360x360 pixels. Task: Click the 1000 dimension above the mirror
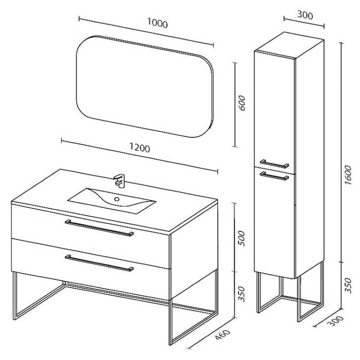[x=157, y=23]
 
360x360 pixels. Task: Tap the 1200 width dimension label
[x=140, y=147]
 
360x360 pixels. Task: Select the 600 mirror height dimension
[x=242, y=103]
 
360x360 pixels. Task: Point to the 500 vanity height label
[x=241, y=239]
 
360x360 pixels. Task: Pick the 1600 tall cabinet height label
[x=348, y=175]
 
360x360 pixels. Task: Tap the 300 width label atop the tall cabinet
[x=305, y=15]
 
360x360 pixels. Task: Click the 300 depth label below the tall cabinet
[x=336, y=321]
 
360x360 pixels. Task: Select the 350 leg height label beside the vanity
[x=241, y=294]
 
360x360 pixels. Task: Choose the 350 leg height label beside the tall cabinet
[x=348, y=286]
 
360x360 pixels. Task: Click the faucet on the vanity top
[x=120, y=180]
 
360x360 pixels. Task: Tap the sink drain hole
[x=117, y=199]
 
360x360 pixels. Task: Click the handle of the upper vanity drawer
[x=99, y=228]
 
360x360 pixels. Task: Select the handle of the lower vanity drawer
[x=99, y=263]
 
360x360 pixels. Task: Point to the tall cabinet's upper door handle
[x=275, y=164]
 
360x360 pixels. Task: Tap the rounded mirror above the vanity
[x=145, y=86]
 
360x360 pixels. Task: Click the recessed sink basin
[x=112, y=201]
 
